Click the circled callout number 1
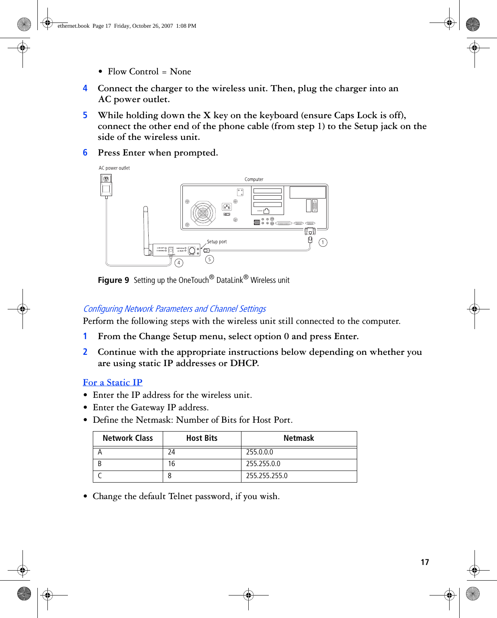pyautogui.click(x=323, y=242)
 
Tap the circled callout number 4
pyautogui.click(x=179, y=263)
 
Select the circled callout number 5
pyautogui.click(x=209, y=260)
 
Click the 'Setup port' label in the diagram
pyautogui.click(x=217, y=242)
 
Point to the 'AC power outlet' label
pyautogui.click(x=114, y=168)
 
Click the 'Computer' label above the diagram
pyautogui.click(x=254, y=179)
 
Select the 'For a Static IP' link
pyautogui.click(x=112, y=383)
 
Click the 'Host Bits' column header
pyautogui.click(x=202, y=438)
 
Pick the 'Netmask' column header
pyautogui.click(x=299, y=438)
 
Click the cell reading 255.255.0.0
pyautogui.click(x=263, y=464)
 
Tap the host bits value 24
pyautogui.click(x=172, y=452)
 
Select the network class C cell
pyautogui.click(x=100, y=476)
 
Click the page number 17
pyautogui.click(x=425, y=562)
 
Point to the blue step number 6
pyautogui.click(x=85, y=153)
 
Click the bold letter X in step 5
pyautogui.click(x=207, y=115)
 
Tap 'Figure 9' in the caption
pyautogui.click(x=113, y=280)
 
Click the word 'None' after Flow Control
pyautogui.click(x=180, y=72)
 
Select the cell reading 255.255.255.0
pyautogui.click(x=267, y=476)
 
